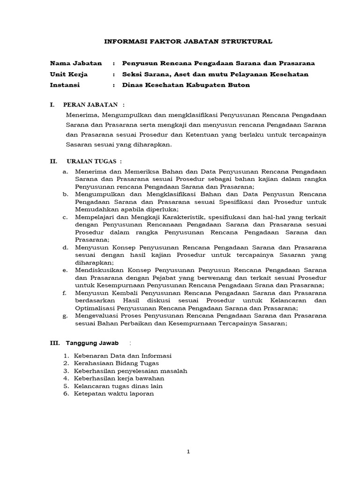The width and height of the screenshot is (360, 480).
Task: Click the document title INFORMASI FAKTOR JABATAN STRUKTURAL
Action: pos(187,42)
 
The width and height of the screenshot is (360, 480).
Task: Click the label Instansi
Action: pos(65,85)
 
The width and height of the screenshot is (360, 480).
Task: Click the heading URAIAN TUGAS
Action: pos(93,161)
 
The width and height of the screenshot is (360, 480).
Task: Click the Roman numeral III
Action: pos(55,343)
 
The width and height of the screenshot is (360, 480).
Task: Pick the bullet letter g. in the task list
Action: pos(65,316)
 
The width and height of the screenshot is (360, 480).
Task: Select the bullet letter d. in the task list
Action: pos(65,247)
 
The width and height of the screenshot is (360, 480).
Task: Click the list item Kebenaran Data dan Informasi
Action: pos(123,355)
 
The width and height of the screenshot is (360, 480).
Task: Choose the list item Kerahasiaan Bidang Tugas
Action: pos(116,363)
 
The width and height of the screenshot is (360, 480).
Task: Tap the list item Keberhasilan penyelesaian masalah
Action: pos(130,371)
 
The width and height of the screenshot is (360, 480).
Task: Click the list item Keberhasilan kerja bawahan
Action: pos(119,378)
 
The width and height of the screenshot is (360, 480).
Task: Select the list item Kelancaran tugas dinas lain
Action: pos(118,386)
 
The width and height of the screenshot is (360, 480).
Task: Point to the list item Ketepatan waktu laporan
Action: pos(113,393)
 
